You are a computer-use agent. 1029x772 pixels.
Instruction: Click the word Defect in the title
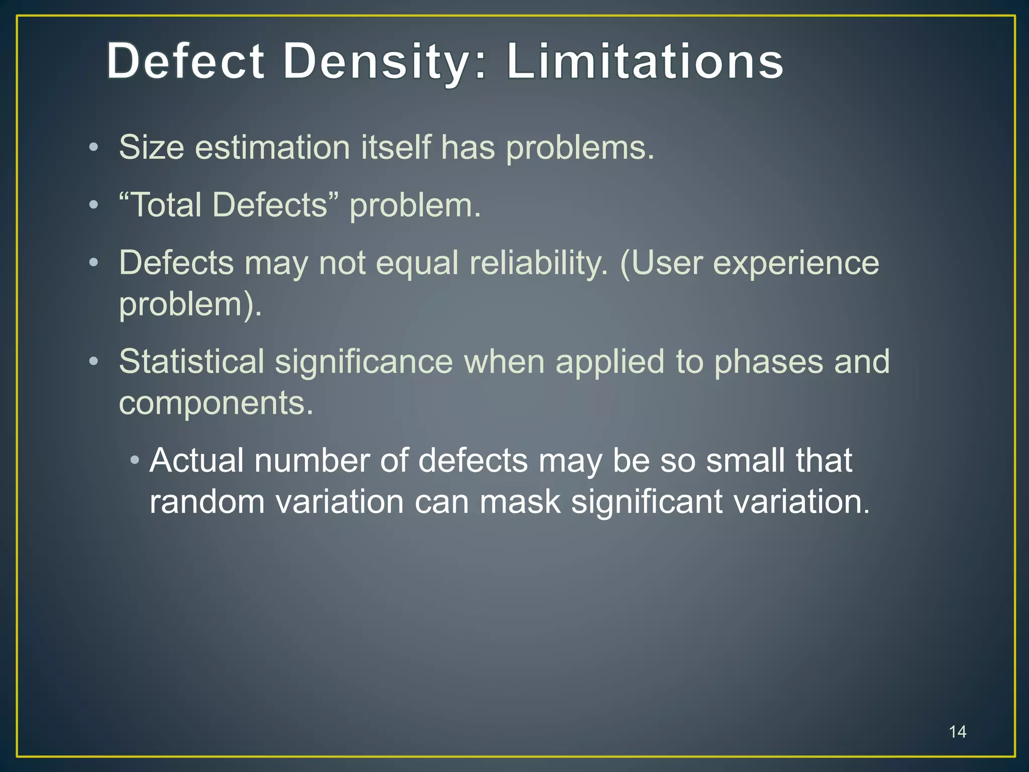(185, 61)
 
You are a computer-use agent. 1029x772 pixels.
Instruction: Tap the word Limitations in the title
(645, 61)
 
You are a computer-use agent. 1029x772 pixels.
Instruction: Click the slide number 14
(958, 732)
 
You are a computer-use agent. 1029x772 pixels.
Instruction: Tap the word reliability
(538, 263)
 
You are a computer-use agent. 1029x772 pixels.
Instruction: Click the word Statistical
(191, 361)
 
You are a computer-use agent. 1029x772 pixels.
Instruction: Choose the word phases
(768, 362)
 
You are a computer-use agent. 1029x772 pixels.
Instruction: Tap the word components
(216, 403)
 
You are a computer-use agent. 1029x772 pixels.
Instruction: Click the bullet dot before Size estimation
(93, 148)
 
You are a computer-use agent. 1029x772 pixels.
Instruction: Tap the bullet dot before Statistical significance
(93, 362)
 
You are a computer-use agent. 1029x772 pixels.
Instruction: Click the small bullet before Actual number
(134, 460)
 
